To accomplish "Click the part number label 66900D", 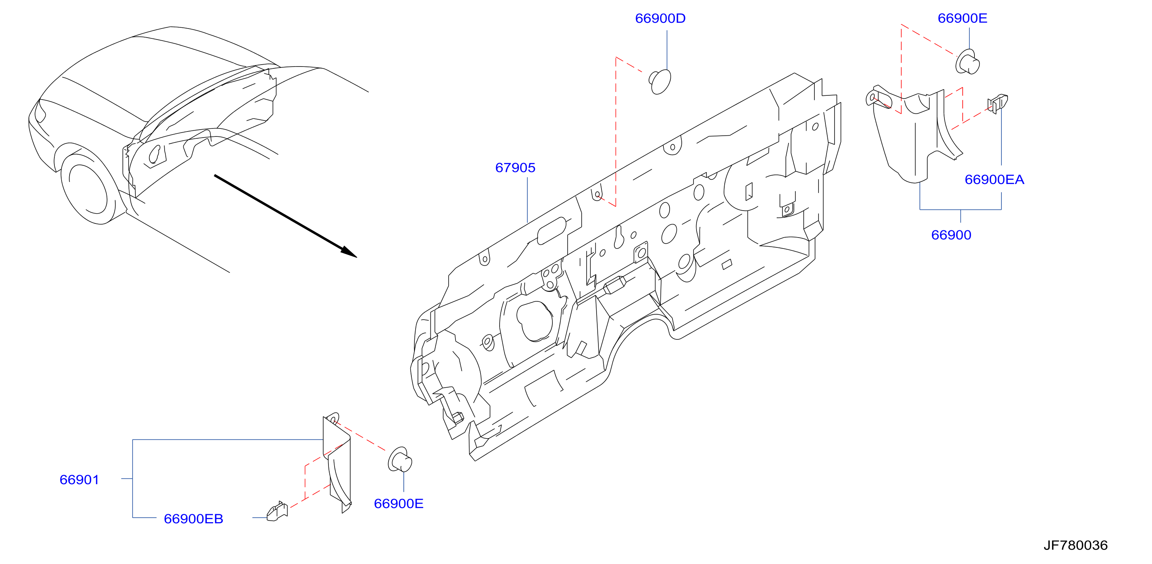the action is click(660, 18).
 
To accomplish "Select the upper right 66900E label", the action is click(962, 18).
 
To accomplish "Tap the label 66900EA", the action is click(994, 179).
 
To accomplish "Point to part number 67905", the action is click(515, 168).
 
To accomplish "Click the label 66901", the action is click(79, 480).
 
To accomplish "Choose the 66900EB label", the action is click(193, 519).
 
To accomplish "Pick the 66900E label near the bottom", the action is click(398, 504).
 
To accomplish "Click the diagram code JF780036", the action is click(1076, 545).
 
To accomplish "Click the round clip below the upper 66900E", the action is click(967, 62).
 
